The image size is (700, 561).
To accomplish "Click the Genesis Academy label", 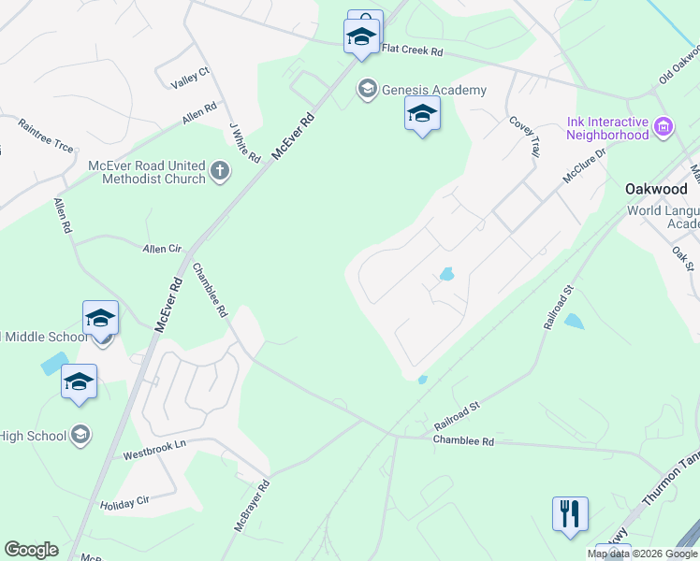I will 434,90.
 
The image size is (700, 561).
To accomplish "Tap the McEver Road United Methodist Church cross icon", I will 219,170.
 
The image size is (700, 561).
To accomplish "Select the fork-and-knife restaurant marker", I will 570,514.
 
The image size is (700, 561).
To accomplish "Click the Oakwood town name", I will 656,188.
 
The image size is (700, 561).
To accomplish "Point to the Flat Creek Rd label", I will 411,50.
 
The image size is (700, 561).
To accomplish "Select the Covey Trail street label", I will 524,137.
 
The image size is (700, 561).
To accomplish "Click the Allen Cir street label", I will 161,250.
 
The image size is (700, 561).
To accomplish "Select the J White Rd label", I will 243,141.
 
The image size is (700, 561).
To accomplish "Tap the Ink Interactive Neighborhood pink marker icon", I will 664,126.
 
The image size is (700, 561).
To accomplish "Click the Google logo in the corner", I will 31,550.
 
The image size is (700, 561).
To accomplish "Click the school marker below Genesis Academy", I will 422,114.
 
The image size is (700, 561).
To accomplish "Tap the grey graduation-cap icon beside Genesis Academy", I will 367,90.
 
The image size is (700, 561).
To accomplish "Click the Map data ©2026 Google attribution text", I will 641,554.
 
